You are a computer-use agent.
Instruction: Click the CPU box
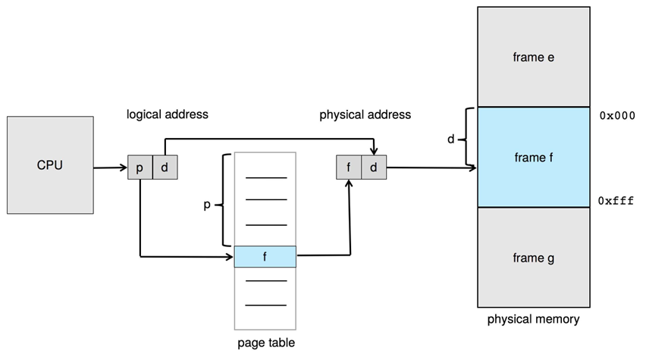pos(49,165)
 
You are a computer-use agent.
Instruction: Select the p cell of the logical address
pos(140,167)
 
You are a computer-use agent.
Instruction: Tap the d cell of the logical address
pos(165,167)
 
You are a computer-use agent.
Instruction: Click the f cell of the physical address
pos(348,167)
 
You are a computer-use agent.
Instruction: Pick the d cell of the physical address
pos(374,167)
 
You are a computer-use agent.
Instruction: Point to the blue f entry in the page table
pos(265,257)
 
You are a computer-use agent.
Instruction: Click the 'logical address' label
pos(167,114)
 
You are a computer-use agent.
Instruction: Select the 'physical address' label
pos(365,114)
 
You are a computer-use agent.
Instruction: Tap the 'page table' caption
pos(265,343)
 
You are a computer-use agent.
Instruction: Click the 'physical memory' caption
pos(533,319)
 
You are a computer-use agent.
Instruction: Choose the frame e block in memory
pos(534,58)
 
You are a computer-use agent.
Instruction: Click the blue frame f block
pos(534,158)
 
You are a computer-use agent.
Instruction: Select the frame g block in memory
pos(534,258)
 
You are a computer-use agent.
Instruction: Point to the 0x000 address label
pos(616,116)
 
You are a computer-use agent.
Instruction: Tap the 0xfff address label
pos(616,202)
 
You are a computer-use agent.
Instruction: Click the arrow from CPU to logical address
pos(111,167)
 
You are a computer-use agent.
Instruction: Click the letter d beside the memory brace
pos(451,139)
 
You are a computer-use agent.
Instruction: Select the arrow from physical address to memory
pos(432,167)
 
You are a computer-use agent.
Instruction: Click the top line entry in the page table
pos(265,177)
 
